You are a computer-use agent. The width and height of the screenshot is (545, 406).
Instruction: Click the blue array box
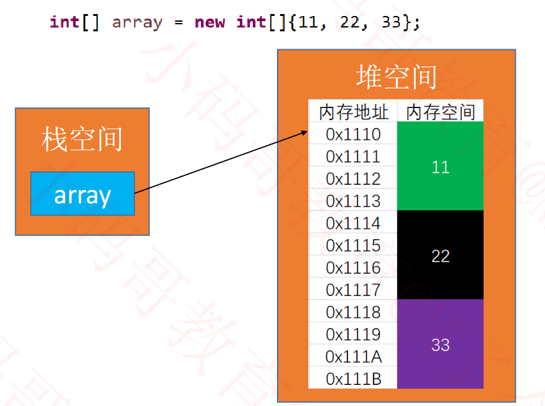point(83,194)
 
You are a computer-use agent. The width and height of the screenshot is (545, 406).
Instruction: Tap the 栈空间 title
point(82,139)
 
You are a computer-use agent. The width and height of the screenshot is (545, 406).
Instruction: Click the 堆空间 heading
point(396,77)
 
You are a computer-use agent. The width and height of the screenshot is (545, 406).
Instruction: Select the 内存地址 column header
point(353,112)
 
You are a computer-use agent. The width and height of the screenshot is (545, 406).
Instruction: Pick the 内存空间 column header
point(440,112)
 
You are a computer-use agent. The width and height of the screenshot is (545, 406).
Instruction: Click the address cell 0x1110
point(353,134)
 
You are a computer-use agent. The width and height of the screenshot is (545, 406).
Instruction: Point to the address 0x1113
point(353,201)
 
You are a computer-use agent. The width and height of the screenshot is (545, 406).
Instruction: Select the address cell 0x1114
point(353,223)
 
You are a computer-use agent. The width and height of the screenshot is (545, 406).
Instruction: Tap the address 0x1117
point(353,290)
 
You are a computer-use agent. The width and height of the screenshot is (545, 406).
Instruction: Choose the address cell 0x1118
point(353,312)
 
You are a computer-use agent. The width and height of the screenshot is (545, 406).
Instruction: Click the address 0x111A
point(353,356)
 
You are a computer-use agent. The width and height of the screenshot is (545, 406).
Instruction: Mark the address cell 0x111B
point(353,379)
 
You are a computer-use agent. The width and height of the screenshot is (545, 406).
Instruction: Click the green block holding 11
point(440,167)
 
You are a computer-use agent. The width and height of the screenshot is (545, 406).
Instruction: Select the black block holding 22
point(440,256)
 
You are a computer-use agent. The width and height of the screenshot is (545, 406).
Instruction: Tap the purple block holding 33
point(440,345)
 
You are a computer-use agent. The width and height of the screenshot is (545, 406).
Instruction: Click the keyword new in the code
point(210,22)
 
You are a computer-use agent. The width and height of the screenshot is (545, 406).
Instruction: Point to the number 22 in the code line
point(353,22)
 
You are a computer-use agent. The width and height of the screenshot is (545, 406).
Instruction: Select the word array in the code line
point(137,22)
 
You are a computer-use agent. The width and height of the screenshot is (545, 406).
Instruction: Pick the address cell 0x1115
point(353,246)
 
